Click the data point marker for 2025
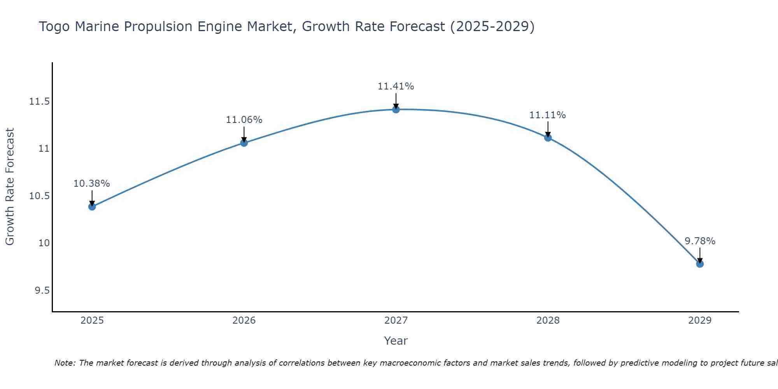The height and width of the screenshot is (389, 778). point(92,207)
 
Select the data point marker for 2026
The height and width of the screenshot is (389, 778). point(244,143)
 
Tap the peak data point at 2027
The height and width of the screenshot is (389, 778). point(396,110)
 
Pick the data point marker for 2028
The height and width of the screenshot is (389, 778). point(548,138)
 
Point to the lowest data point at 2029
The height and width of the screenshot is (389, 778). point(700,264)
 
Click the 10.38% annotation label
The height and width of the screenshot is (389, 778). point(92,184)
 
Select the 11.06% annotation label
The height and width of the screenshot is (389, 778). point(244,120)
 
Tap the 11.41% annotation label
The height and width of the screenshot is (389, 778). point(396,86)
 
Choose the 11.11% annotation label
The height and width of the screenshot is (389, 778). point(547,115)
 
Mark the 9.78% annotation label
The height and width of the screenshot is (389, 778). point(700,241)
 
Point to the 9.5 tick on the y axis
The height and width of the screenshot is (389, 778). point(42,291)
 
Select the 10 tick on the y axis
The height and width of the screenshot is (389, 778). point(44,243)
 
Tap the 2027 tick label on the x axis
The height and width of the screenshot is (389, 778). point(396,321)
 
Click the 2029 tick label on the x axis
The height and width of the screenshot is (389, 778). point(700,321)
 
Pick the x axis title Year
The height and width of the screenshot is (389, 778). point(396,341)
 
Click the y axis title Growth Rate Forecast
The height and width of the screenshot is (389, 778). point(10,186)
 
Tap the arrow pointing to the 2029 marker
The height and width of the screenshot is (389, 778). point(700,255)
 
